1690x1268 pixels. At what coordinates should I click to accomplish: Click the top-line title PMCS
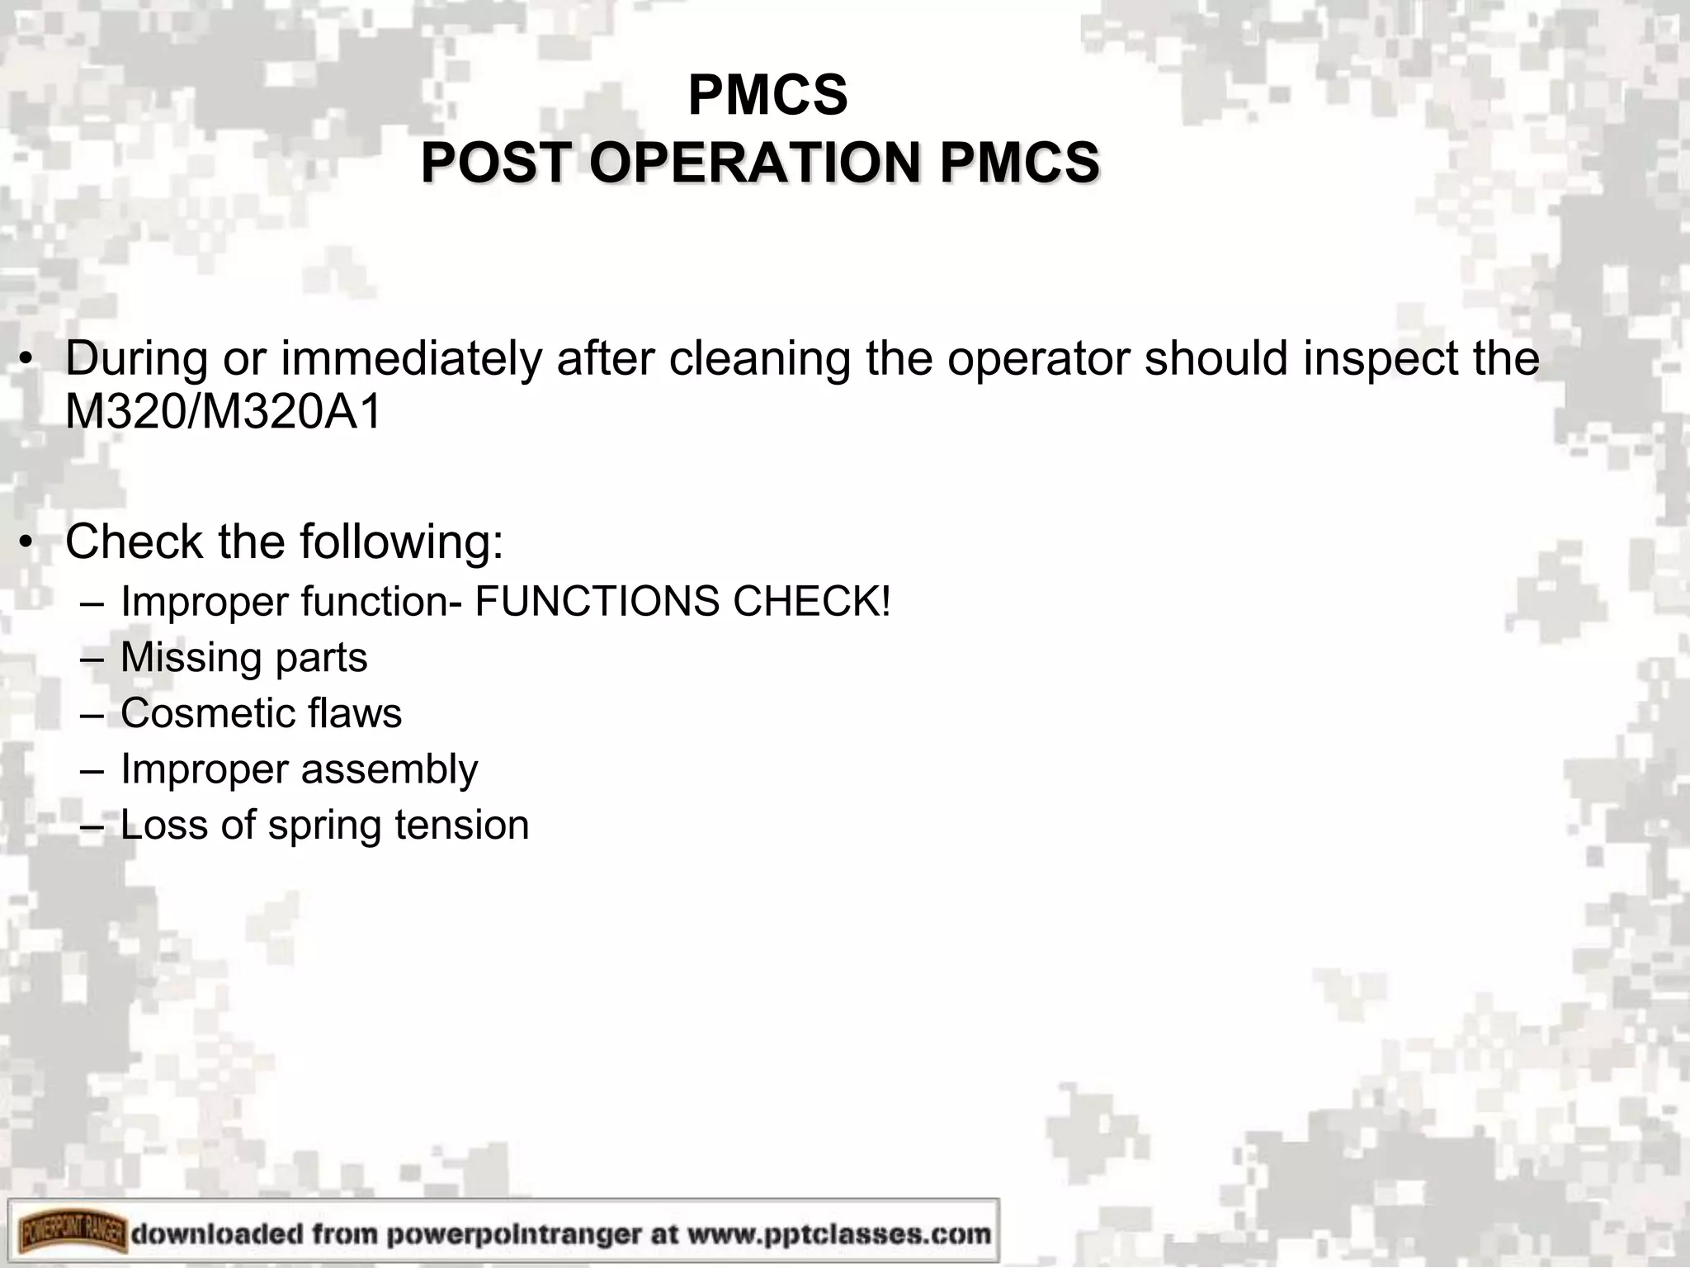point(767,96)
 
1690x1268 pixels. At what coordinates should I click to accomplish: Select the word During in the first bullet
point(136,358)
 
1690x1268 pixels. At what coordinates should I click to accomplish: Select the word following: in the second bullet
point(401,543)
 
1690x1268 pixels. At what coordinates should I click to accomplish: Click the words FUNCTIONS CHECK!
point(683,601)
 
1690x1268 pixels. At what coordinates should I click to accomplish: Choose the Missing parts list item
point(243,658)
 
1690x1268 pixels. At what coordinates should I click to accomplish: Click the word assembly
point(389,770)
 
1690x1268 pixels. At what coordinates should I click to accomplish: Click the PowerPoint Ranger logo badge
point(68,1233)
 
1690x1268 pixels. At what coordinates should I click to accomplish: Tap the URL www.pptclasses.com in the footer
point(839,1234)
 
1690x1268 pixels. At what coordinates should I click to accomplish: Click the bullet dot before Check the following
point(27,542)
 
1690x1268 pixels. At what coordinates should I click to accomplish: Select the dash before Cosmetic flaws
point(92,714)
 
